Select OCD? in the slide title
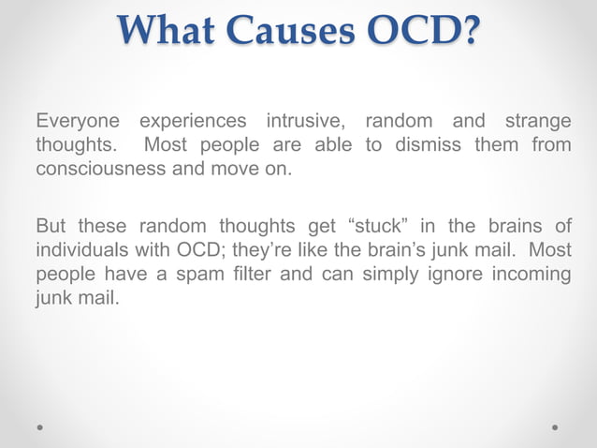[422, 32]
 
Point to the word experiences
[194, 123]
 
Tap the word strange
[537, 123]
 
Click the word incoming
[529, 276]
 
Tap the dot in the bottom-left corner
[41, 426]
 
